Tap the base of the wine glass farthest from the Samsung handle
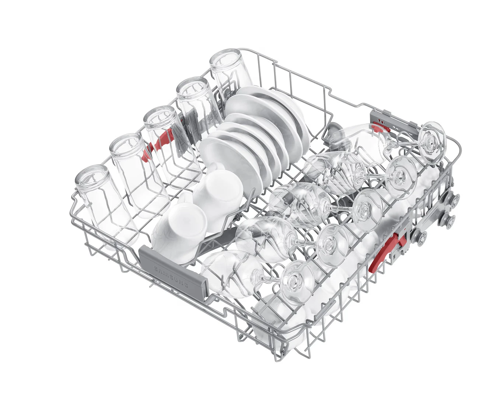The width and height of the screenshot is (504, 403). pyautogui.click(x=432, y=142)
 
